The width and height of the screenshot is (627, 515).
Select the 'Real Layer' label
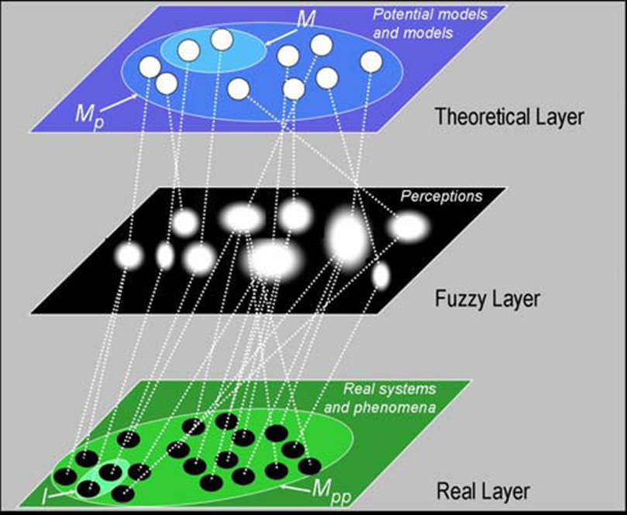pos(483,491)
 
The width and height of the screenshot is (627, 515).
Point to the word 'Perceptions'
pos(440,197)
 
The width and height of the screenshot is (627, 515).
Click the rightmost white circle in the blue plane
pos(371,62)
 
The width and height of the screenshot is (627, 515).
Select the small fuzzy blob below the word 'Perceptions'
pos(408,226)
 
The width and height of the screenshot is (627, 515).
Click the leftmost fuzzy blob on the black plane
pos(129,255)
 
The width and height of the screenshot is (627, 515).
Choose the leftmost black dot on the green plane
pos(65,476)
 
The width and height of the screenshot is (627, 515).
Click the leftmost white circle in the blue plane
pos(150,67)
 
